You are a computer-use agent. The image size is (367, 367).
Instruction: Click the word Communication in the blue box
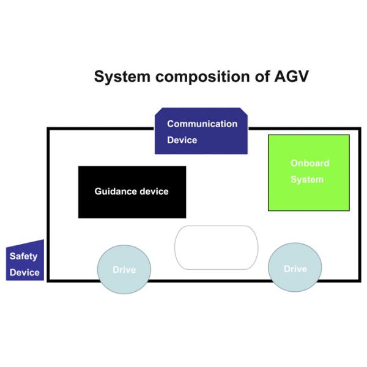click(x=202, y=124)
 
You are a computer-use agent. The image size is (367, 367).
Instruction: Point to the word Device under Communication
click(x=182, y=140)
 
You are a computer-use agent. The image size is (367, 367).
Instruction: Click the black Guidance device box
click(x=132, y=192)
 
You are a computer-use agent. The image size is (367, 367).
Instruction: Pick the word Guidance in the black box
click(x=116, y=191)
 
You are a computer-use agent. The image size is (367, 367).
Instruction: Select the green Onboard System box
click(x=309, y=172)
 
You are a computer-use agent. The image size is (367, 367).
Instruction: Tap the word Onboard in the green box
click(x=310, y=163)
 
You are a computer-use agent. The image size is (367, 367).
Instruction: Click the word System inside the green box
click(x=306, y=180)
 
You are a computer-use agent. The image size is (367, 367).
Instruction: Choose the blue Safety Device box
click(x=25, y=262)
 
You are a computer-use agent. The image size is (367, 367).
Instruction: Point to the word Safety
click(x=23, y=256)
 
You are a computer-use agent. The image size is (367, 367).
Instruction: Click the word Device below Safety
click(x=24, y=272)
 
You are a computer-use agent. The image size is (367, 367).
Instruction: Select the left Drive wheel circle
click(x=124, y=270)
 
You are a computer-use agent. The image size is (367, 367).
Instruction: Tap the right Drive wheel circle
click(x=295, y=269)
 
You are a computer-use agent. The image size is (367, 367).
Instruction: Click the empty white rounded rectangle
click(x=217, y=247)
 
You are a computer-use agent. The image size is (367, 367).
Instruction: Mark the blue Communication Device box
click(x=202, y=131)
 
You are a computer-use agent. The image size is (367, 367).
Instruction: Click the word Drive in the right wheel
click(x=295, y=269)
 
